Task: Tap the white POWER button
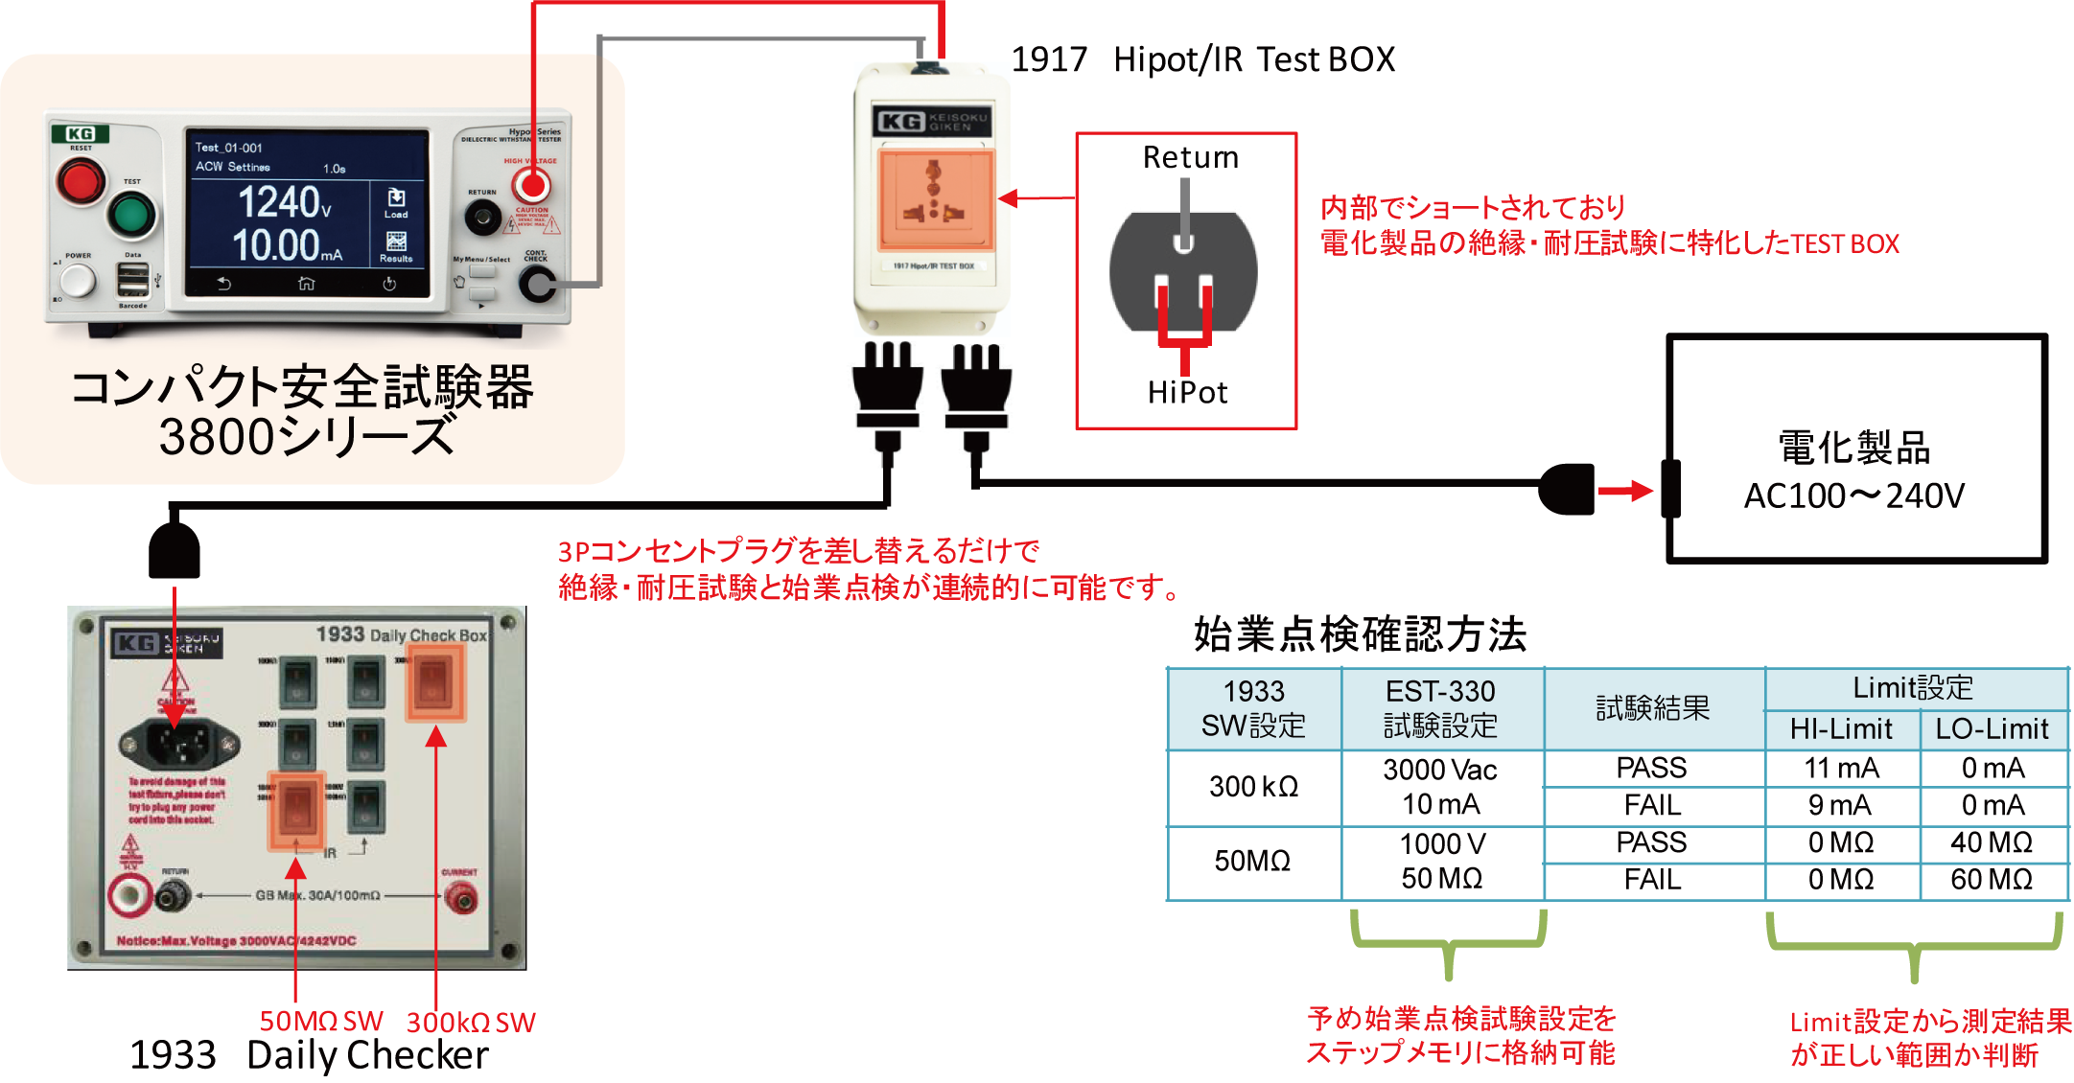[77, 281]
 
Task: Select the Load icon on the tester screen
[396, 201]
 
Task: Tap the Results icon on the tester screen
[396, 244]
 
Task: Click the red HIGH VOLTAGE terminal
[530, 186]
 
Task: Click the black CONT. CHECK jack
[537, 284]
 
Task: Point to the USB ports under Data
[133, 280]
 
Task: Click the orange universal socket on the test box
[936, 199]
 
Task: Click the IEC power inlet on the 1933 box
[178, 742]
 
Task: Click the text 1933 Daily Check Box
[402, 634]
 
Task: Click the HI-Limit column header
[1841, 729]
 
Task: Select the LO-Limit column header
[1992, 729]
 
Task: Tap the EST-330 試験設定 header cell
[1440, 708]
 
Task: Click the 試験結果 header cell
[1652, 708]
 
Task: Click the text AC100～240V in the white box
[1853, 496]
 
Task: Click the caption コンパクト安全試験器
[303, 388]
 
